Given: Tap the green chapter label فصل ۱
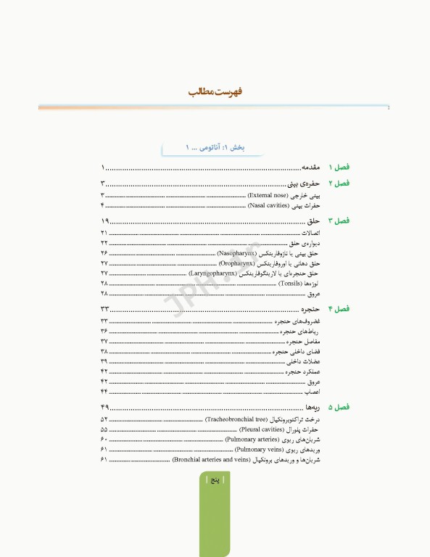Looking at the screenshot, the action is point(339,167).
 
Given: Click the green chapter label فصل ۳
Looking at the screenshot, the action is point(339,220).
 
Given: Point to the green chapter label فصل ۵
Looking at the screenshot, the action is point(339,408).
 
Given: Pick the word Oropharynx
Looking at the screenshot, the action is point(241,264).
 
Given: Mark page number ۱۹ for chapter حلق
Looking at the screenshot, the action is point(105,220).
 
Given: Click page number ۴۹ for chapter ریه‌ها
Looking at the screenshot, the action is point(105,408).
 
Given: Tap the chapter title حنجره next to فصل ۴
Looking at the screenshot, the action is point(313,310).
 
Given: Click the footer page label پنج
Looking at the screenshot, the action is point(215,481).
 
